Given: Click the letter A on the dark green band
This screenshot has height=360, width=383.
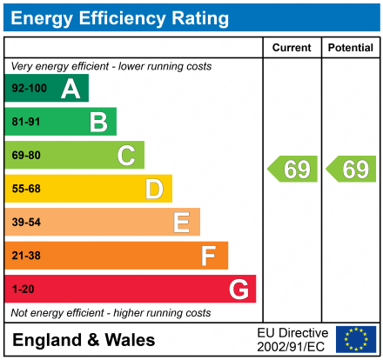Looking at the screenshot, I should click(71, 89).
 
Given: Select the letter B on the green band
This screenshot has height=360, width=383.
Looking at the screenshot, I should click(98, 123).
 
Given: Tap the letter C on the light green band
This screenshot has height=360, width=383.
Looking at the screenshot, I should click(126, 156).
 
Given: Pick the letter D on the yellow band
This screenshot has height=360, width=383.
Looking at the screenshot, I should click(154, 189).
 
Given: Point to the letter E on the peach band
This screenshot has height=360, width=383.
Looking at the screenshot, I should click(182, 223).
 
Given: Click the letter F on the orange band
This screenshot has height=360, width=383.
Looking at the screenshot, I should click(209, 256).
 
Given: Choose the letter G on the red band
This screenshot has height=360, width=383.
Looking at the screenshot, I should click(238, 289).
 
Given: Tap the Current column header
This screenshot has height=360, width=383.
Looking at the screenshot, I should click(292, 48).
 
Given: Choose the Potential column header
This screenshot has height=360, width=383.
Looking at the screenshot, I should click(350, 48).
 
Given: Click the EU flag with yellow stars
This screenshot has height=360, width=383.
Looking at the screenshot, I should click(355, 339).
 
